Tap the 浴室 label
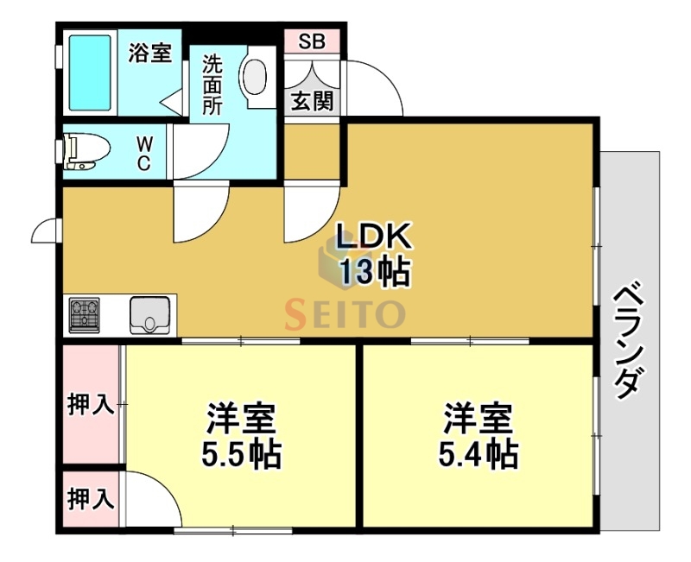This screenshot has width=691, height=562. [149, 53]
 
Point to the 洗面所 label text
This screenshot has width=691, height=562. [212, 85]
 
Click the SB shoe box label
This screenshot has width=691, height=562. [313, 41]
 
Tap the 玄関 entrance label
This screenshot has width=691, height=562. [312, 101]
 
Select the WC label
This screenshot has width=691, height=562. [144, 154]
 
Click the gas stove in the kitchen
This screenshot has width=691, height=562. [85, 315]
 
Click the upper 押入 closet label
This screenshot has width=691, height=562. [91, 405]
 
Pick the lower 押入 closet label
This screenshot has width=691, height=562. [91, 498]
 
